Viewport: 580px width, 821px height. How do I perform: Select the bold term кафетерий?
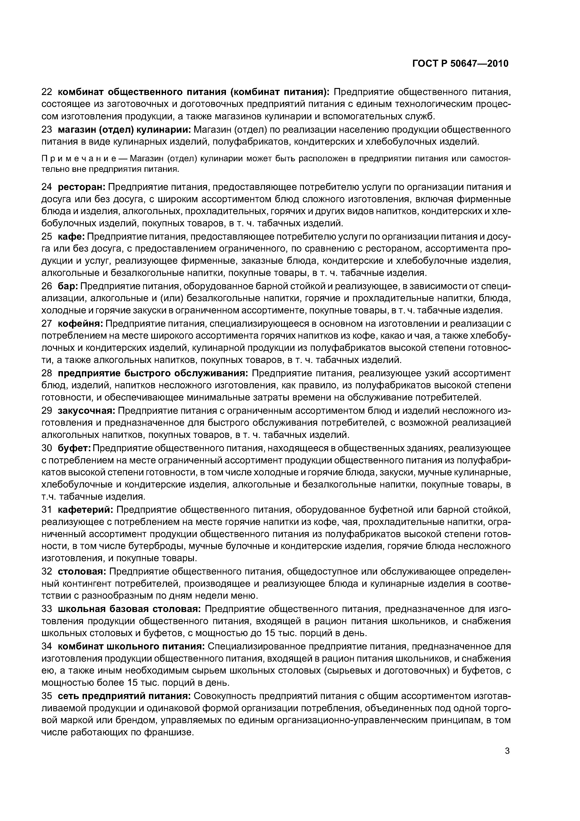[85, 509]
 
